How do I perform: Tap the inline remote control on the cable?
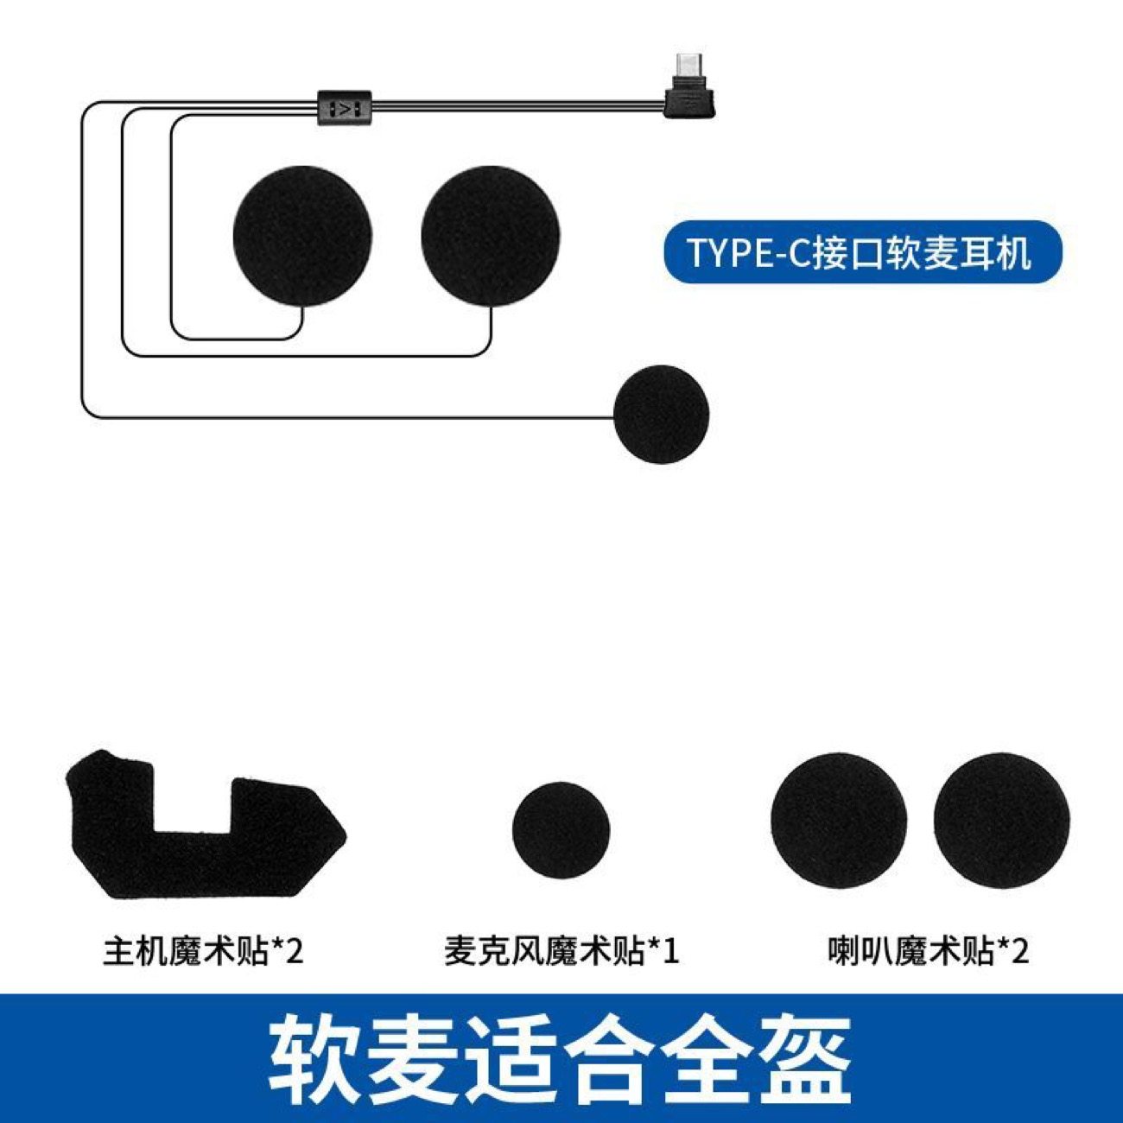[x=345, y=108]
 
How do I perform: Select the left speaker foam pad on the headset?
[x=302, y=236]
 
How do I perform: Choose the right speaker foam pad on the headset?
[x=491, y=236]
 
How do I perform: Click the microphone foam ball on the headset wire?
[x=661, y=414]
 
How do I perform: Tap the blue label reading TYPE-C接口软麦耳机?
[x=860, y=252]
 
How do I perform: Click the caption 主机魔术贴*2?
[x=203, y=952]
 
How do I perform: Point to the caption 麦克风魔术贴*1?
[x=561, y=952]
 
